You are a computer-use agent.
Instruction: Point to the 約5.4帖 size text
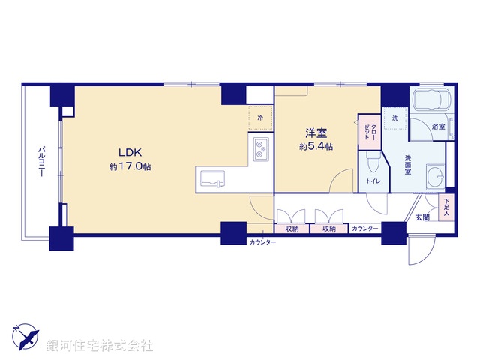(x=316, y=147)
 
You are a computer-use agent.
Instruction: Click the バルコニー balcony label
(x=40, y=160)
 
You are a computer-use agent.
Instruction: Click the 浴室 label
(x=439, y=127)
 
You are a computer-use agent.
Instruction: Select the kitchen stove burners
(x=260, y=149)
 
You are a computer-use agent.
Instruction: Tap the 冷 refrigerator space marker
(x=260, y=118)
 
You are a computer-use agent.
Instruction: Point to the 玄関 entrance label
(x=422, y=217)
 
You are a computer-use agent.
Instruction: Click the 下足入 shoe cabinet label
(x=447, y=205)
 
